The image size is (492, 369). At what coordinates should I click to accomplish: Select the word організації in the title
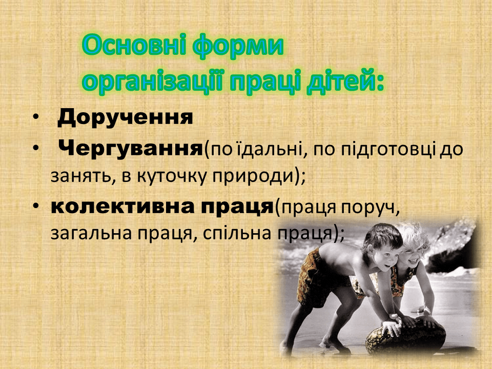point(153,81)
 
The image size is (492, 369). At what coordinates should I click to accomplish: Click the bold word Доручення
point(125,118)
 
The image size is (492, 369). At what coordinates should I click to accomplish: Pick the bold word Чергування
point(131,149)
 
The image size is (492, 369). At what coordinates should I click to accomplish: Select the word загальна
point(89,234)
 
